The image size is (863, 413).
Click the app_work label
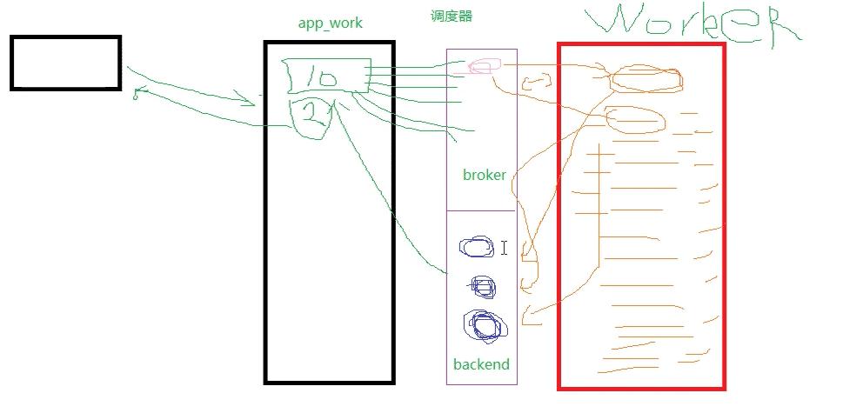click(331, 23)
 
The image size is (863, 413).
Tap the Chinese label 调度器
click(451, 16)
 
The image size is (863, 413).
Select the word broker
click(485, 175)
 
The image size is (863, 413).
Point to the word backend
click(481, 364)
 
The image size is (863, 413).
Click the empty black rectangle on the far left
click(65, 63)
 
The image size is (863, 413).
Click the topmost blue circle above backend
click(477, 248)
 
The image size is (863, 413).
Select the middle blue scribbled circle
click(483, 287)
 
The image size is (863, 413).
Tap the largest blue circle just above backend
click(485, 325)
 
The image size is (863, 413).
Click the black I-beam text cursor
click(505, 248)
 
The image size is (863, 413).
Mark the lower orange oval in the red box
click(634, 119)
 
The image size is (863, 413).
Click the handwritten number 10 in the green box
click(318, 77)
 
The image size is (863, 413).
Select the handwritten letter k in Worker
click(709, 23)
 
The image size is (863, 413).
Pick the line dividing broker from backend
click(482, 210)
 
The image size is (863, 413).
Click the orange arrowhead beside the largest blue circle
click(527, 316)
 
